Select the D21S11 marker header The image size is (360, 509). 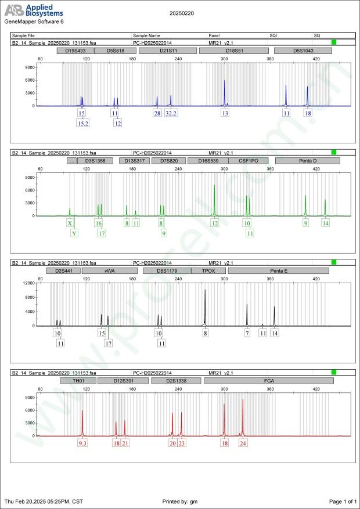click(168, 51)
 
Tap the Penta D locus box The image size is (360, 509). click(307, 161)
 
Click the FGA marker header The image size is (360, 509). click(268, 381)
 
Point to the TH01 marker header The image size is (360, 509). click(77, 381)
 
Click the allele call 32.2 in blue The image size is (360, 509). click(171, 113)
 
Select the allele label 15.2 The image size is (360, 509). click(83, 123)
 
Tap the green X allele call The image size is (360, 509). click(70, 223)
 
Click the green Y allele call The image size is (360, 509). click(74, 233)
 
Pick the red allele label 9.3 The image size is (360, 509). click(82, 443)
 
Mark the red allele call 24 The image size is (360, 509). click(243, 443)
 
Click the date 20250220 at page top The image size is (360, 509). click(182, 12)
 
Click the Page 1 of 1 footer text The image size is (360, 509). click(343, 501)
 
